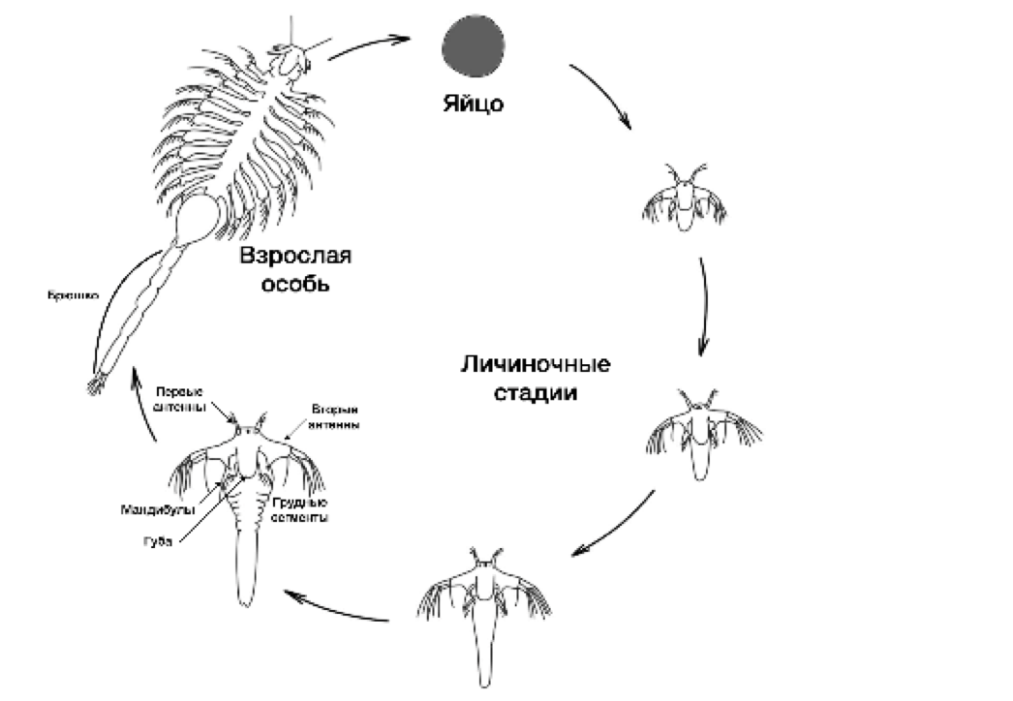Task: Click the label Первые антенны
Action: [x=180, y=397]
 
